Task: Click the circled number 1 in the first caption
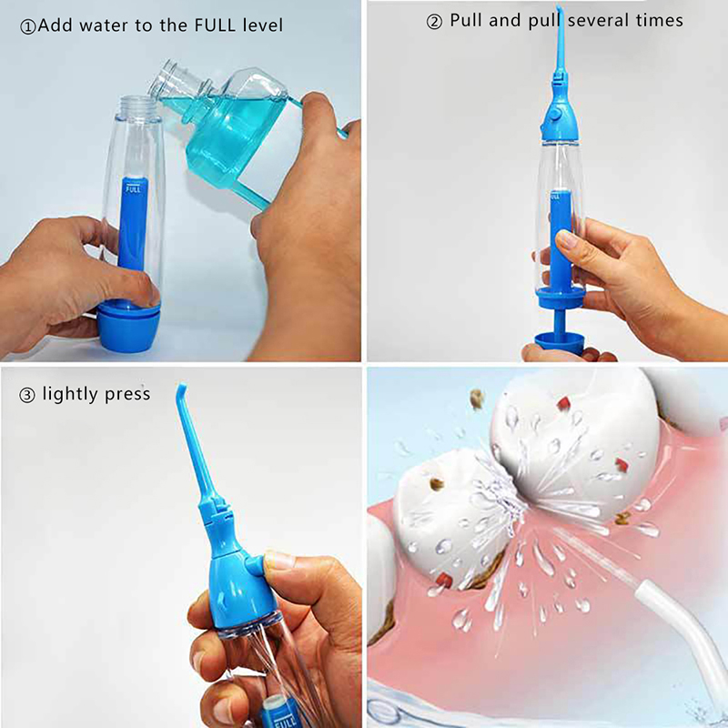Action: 28,27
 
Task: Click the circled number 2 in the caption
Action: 434,22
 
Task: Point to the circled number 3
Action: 27,395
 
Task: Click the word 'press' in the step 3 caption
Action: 127,395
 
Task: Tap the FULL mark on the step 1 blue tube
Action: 133,189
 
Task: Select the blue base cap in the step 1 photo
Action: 128,325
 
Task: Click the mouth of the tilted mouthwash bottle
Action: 164,76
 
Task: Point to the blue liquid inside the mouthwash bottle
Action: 227,135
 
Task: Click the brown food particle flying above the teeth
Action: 476,399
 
